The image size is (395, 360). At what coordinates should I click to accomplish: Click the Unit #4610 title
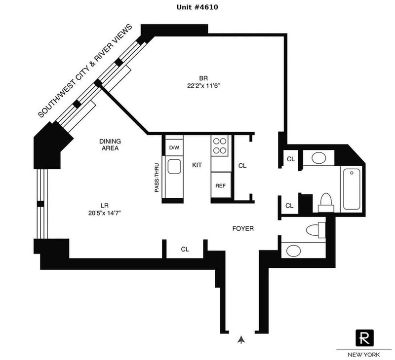tap(197, 7)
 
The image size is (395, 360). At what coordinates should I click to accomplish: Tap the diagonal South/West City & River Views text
tap(85, 71)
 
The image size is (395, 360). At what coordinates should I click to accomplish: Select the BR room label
tap(203, 78)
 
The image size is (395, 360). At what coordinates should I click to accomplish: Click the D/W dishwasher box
tap(174, 147)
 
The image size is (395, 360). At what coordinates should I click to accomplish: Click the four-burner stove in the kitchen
tap(221, 146)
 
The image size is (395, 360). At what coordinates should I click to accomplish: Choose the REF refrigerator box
tap(221, 186)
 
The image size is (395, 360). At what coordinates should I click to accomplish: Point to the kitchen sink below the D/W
tap(174, 167)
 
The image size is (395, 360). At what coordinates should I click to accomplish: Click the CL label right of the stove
tap(242, 166)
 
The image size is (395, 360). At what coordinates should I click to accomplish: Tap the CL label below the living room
tap(185, 250)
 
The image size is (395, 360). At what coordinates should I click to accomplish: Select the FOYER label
tap(243, 229)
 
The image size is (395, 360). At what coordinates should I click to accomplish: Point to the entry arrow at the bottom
tap(241, 339)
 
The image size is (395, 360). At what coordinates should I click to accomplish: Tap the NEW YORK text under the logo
tap(364, 355)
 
